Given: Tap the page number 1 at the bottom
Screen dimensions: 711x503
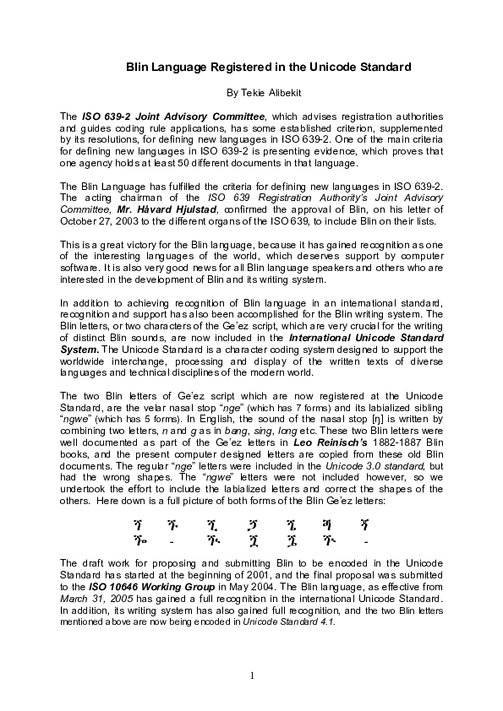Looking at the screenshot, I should (x=252, y=675).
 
